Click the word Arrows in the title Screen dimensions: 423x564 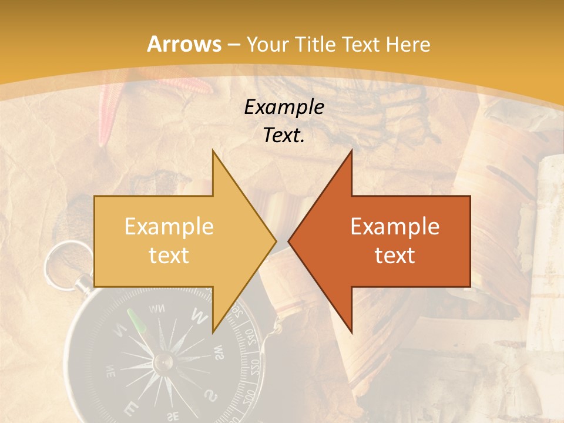click(x=184, y=44)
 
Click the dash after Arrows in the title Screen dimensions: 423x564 click(x=234, y=45)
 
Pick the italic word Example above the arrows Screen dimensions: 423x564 click(x=284, y=107)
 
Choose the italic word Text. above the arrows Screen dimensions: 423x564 click(x=284, y=136)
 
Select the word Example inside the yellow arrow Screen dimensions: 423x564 click(x=169, y=227)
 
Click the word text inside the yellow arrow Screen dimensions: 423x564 click(x=169, y=256)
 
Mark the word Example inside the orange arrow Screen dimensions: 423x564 click(x=395, y=227)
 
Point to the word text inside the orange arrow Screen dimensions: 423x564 click(x=395, y=256)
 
